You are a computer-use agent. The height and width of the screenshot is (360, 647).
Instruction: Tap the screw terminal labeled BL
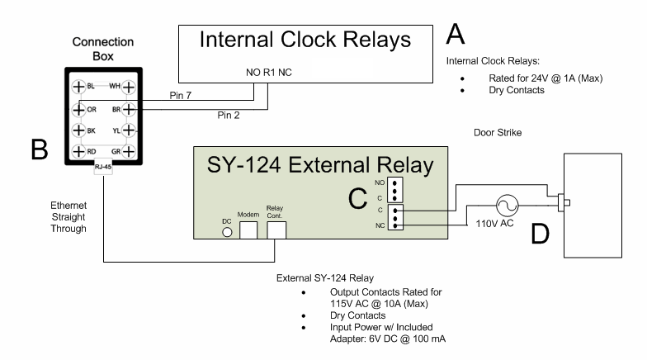pos(78,87)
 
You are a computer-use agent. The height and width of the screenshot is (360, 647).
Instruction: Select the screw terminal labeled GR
pos(128,152)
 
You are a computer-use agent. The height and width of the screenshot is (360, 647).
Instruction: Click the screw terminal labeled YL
pos(128,130)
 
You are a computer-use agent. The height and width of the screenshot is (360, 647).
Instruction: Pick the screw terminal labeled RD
pos(78,152)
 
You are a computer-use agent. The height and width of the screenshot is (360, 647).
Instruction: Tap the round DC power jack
pos(227,233)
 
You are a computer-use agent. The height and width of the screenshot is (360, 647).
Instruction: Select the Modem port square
pos(248,229)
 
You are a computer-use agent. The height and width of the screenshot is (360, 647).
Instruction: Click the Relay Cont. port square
pos(276,229)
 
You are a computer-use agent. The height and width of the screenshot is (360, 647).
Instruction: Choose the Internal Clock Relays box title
pos(305,40)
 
